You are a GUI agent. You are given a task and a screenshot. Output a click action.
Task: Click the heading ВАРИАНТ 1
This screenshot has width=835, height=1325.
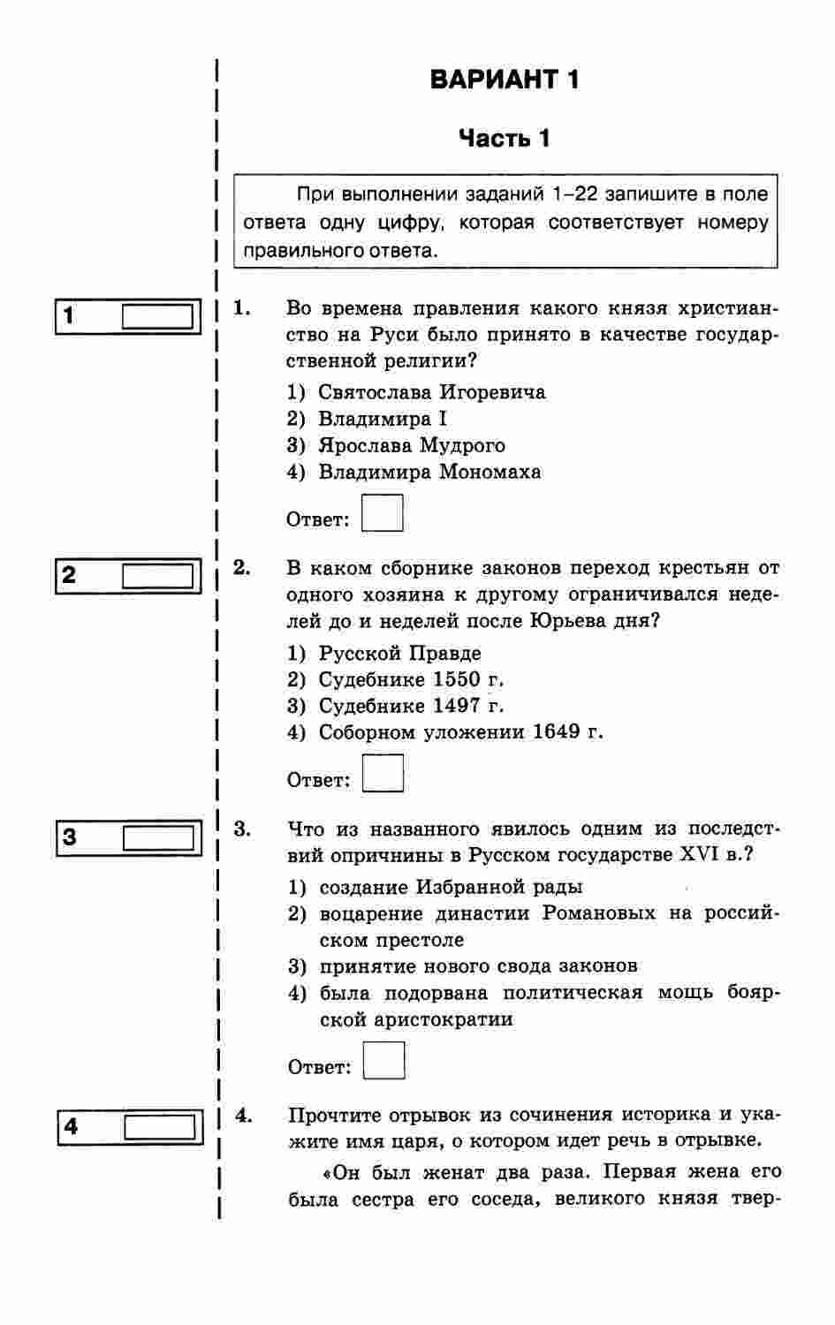[505, 79]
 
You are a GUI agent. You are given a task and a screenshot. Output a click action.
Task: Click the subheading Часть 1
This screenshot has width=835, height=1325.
[505, 139]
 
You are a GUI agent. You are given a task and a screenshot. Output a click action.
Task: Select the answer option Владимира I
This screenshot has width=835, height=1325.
[383, 419]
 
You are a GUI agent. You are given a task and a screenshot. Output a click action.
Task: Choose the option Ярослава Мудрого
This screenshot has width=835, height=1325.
[412, 445]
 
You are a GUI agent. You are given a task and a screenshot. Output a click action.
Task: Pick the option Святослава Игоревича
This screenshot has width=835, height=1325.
[432, 392]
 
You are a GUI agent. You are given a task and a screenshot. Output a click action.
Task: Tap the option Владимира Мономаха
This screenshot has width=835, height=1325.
[429, 472]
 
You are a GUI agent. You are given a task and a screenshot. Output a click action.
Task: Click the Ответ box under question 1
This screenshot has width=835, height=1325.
[383, 513]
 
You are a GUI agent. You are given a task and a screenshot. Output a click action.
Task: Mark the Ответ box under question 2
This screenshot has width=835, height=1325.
[383, 774]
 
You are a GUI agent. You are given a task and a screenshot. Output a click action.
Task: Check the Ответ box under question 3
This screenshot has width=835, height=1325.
[384, 1061]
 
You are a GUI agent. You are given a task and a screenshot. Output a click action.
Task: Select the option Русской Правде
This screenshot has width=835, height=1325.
[400, 654]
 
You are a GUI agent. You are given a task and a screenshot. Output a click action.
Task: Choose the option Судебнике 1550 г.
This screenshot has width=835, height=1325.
[412, 679]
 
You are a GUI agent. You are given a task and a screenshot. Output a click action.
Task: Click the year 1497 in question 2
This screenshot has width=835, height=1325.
[457, 706]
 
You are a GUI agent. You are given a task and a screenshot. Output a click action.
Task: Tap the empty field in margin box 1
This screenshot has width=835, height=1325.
[157, 316]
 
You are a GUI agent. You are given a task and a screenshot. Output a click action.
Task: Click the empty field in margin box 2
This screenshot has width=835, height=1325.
[157, 577]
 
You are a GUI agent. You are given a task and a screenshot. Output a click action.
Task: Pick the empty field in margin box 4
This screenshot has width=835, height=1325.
[160, 1127]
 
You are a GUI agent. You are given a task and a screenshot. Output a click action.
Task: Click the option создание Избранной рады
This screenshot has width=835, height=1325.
[451, 887]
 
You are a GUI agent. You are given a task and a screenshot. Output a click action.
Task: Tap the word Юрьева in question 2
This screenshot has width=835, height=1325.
[564, 620]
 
